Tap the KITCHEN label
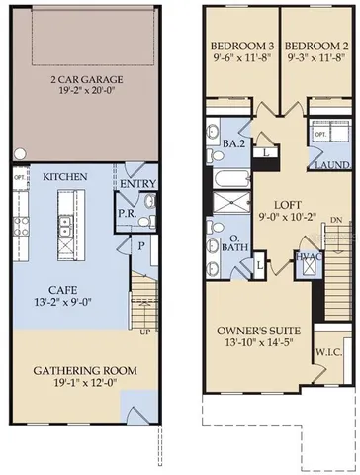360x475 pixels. [x=65, y=176]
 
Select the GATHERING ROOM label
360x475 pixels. [x=84, y=371]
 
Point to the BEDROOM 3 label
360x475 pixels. [x=239, y=46]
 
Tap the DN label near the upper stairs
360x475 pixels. [x=336, y=220]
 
